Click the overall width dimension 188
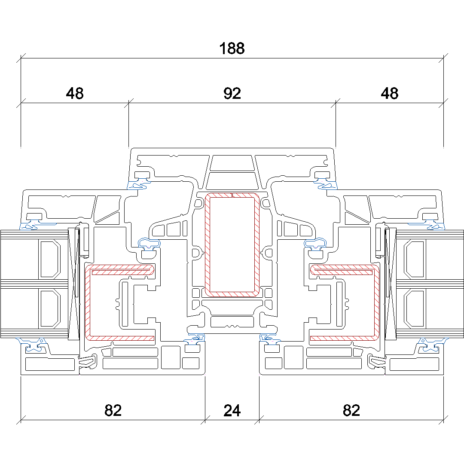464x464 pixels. click(x=232, y=49)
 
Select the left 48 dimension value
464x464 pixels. click(x=75, y=93)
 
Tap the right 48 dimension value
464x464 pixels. click(x=389, y=93)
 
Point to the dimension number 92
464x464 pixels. click(x=232, y=93)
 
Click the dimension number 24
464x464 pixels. click(x=232, y=411)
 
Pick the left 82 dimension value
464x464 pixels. click(x=113, y=411)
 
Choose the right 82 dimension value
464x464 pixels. click(x=351, y=411)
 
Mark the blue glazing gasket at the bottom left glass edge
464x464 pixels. click(x=32, y=344)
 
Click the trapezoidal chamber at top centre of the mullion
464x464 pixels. click(x=232, y=163)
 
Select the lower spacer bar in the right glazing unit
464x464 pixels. click(x=414, y=307)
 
